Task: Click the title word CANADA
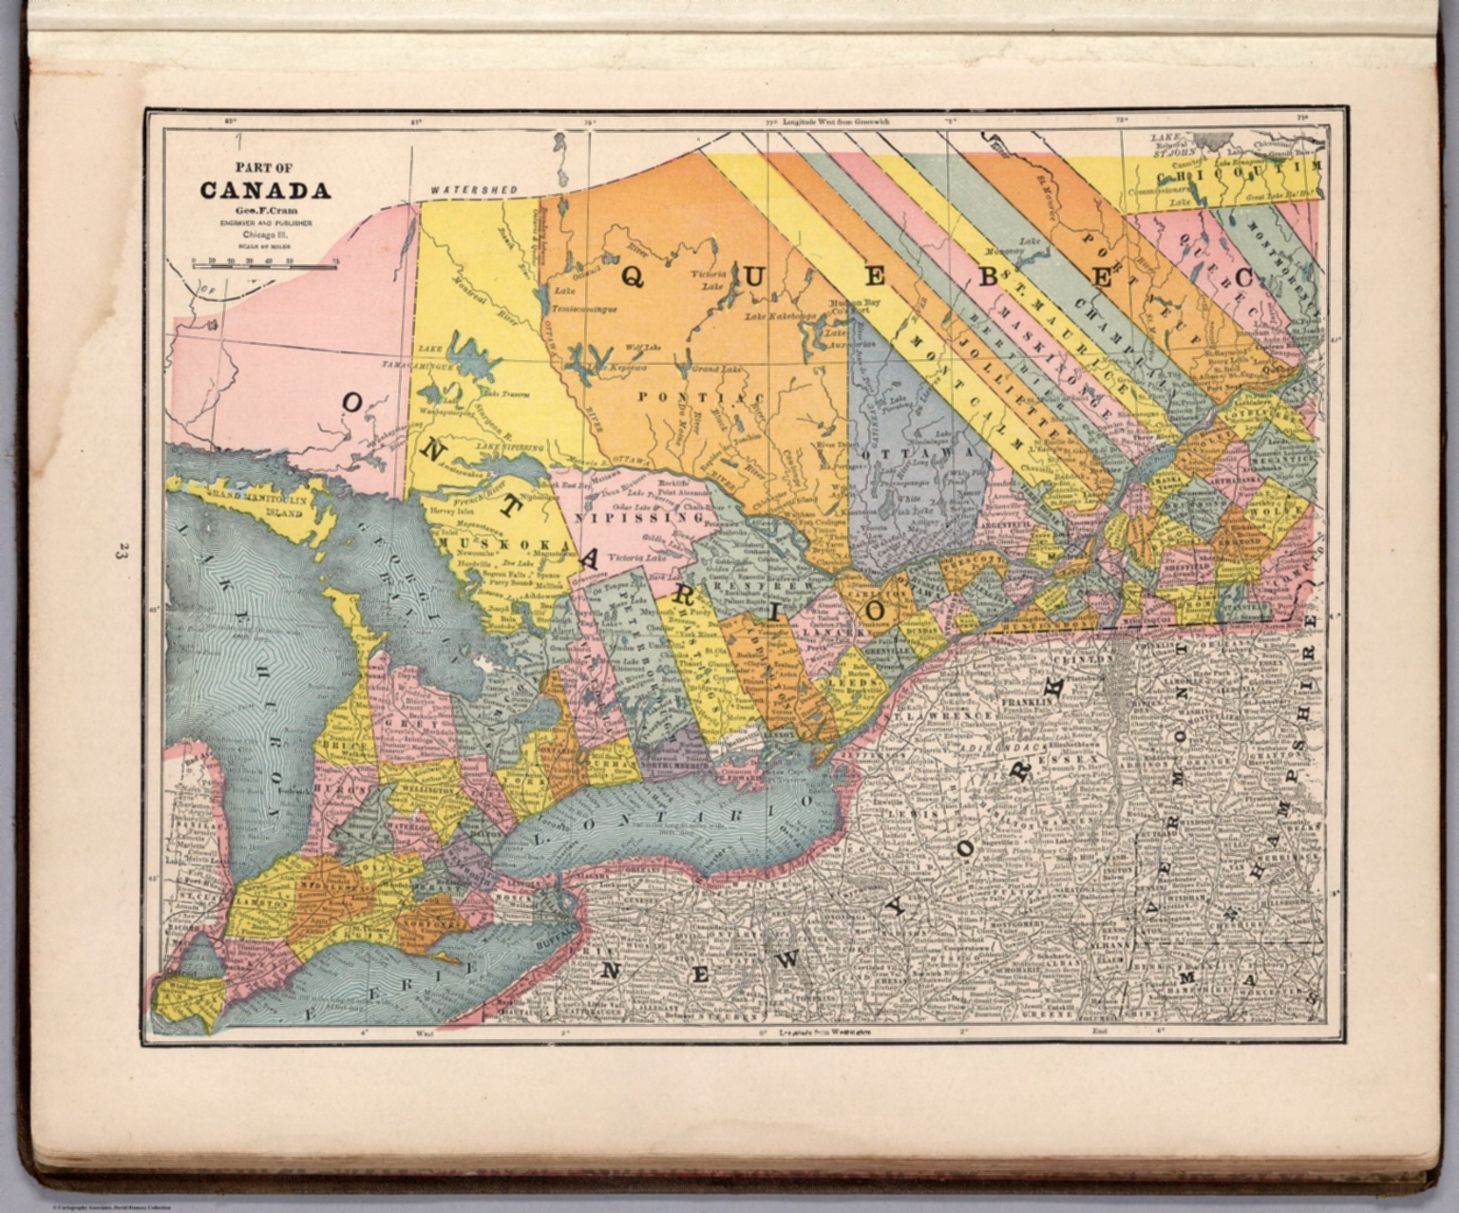pyautogui.click(x=265, y=191)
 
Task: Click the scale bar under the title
pyautogui.click(x=265, y=266)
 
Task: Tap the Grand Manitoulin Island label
pyautogui.click(x=256, y=502)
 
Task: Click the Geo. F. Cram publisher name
pyautogui.click(x=265, y=211)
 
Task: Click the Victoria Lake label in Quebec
pyautogui.click(x=714, y=279)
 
